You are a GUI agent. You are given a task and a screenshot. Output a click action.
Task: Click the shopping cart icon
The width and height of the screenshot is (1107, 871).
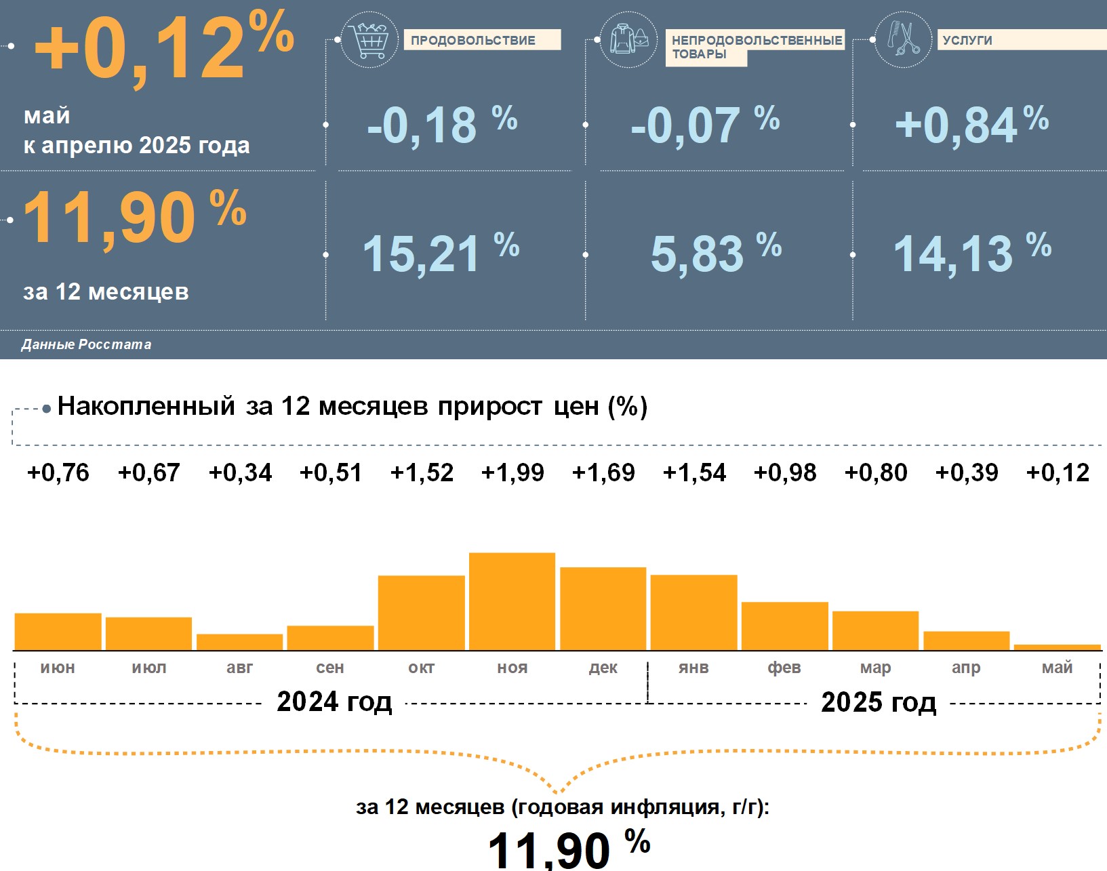pyautogui.click(x=369, y=40)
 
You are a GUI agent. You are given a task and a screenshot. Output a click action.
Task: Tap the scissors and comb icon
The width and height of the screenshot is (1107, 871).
pyautogui.click(x=903, y=39)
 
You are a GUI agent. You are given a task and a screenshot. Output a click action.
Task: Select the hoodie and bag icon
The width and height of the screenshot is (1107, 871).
pyautogui.click(x=628, y=39)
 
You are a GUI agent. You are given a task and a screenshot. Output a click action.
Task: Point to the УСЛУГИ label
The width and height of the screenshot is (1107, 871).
pyautogui.click(x=967, y=40)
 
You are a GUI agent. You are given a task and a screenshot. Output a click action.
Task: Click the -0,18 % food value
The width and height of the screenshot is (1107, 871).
pyautogui.click(x=441, y=125)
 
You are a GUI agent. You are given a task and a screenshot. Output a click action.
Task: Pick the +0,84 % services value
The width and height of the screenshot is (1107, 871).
pyautogui.click(x=971, y=125)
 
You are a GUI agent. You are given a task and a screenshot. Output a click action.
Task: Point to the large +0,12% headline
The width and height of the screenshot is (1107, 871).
pyautogui.click(x=163, y=47)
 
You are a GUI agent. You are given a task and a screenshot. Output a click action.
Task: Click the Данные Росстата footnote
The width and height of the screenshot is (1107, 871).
pyautogui.click(x=86, y=344)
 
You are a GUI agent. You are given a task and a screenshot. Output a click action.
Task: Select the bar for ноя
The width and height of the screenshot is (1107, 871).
pyautogui.click(x=512, y=601)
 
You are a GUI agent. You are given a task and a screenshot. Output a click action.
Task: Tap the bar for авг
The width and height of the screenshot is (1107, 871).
pyautogui.click(x=239, y=642)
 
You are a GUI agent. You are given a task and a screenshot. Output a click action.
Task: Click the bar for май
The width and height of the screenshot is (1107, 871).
pyautogui.click(x=1057, y=647)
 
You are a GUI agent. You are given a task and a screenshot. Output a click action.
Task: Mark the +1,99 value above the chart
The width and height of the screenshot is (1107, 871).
pyautogui.click(x=512, y=472)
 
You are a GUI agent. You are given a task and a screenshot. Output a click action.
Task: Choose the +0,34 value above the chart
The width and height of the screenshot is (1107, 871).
pyautogui.click(x=240, y=472)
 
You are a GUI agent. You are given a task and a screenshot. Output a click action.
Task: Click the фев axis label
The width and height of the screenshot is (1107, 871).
pyautogui.click(x=784, y=668)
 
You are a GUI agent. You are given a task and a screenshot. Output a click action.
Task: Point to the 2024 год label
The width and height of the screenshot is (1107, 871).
pyautogui.click(x=334, y=702)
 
